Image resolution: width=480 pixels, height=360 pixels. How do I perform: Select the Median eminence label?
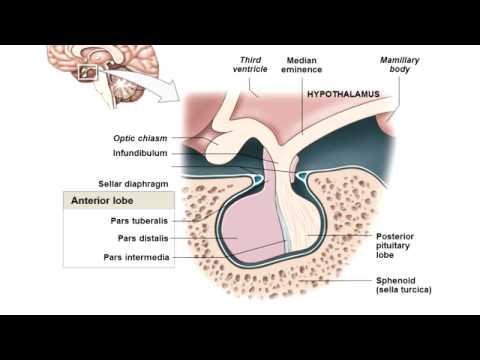(302, 67)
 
